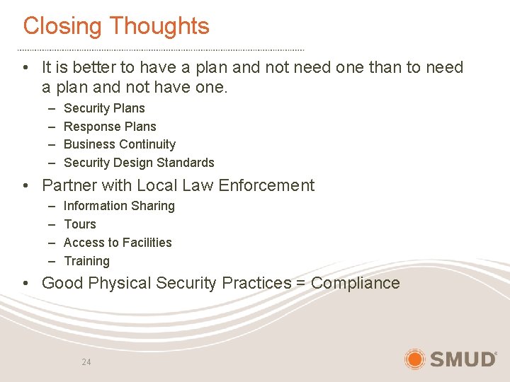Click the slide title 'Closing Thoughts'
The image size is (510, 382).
click(x=116, y=26)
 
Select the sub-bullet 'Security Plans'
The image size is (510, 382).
click(x=104, y=108)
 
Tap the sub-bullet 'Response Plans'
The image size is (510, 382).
click(x=110, y=127)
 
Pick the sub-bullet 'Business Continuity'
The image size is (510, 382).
click(x=120, y=144)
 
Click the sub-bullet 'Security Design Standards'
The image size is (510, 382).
click(x=139, y=163)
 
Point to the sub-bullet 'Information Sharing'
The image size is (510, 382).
click(x=119, y=206)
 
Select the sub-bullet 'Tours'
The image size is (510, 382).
click(x=79, y=224)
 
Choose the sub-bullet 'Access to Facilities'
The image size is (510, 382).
click(x=118, y=243)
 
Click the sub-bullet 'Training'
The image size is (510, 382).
click(x=86, y=261)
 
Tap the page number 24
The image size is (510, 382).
click(x=86, y=362)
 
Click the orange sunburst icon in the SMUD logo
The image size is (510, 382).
click(x=415, y=359)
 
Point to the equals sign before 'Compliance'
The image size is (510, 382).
click(x=301, y=284)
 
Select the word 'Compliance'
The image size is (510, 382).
click(x=356, y=284)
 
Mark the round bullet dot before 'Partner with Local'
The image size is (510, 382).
click(x=25, y=186)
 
